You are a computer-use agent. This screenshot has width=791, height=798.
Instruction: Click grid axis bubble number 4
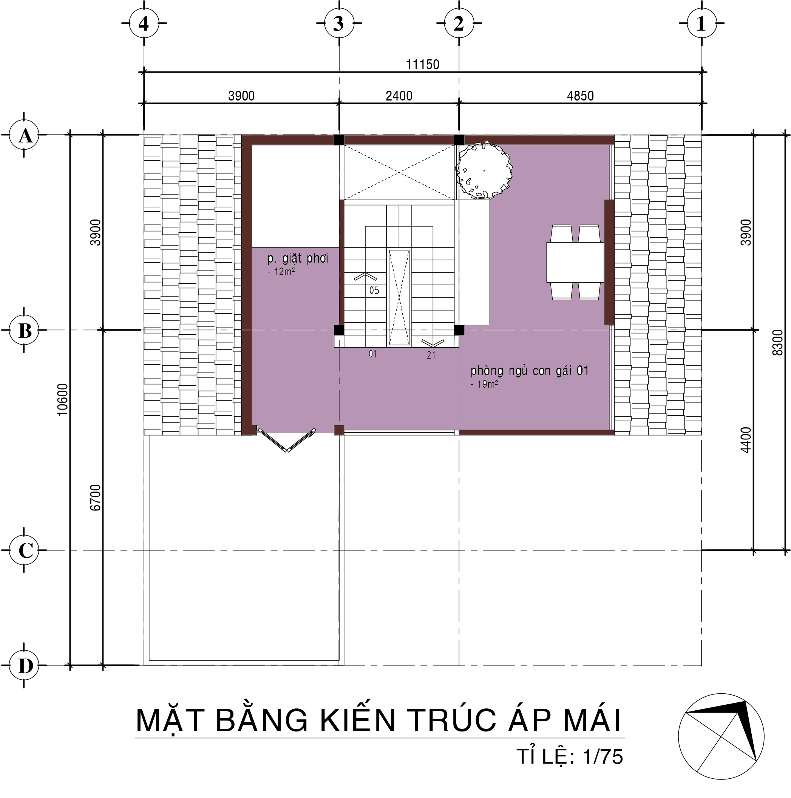(x=144, y=24)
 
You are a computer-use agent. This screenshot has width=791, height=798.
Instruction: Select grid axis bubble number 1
(x=701, y=24)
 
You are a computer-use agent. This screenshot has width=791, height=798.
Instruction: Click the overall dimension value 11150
(x=422, y=65)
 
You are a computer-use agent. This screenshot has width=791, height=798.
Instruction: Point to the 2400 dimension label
(x=399, y=96)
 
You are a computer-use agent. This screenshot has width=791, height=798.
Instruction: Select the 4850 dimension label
(x=580, y=96)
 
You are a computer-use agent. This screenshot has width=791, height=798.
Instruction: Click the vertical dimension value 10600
(x=63, y=399)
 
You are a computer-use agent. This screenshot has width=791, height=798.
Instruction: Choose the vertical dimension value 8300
(x=777, y=342)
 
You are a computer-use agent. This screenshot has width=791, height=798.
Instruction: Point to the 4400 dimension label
(x=746, y=440)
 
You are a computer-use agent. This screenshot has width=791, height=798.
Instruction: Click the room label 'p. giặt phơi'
(x=298, y=258)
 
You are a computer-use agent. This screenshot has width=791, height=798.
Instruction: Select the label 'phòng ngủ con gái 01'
(x=529, y=371)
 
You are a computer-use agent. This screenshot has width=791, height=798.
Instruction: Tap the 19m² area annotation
(x=484, y=384)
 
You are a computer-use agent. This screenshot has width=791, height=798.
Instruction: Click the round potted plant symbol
(x=484, y=170)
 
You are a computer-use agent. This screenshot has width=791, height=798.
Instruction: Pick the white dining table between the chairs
(x=575, y=262)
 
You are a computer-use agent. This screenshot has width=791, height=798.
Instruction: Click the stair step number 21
(x=431, y=355)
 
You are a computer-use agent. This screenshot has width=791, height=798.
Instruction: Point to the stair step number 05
(x=374, y=290)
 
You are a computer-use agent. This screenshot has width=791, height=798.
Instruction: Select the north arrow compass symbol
(x=721, y=736)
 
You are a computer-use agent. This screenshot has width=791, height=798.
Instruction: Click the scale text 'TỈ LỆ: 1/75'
(x=570, y=757)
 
